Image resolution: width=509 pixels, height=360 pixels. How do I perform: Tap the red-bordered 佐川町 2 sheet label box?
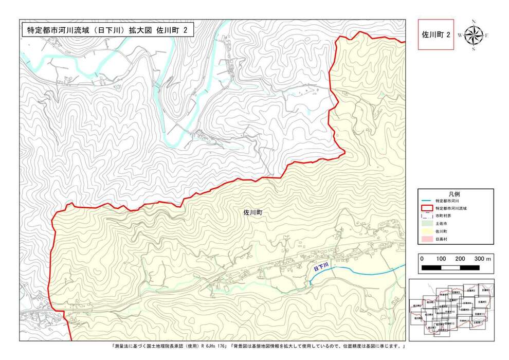click(436, 34)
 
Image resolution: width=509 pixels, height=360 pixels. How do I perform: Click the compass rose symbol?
click(474, 35)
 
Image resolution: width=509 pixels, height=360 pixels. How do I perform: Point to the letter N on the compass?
click(474, 22)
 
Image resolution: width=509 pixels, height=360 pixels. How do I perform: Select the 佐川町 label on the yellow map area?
click(253, 211)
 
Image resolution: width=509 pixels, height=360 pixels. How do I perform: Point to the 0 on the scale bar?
click(422, 258)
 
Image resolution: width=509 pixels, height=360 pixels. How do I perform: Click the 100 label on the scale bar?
click(441, 258)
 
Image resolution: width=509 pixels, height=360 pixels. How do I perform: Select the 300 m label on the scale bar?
click(482, 258)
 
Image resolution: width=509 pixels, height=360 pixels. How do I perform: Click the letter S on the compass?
click(474, 49)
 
